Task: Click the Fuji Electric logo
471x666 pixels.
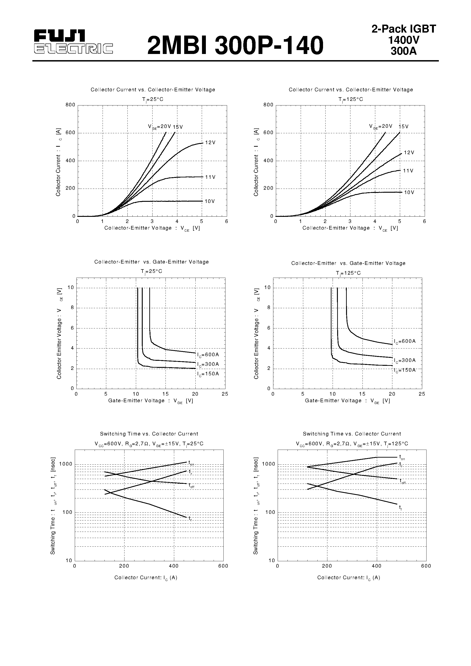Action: (x=73, y=42)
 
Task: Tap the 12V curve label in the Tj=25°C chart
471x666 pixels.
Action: (x=210, y=143)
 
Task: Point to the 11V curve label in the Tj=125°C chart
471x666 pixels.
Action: (x=408, y=171)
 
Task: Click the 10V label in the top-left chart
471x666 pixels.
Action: (x=210, y=201)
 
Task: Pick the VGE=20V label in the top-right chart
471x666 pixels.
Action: (x=380, y=126)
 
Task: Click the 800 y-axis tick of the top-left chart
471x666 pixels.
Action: (x=70, y=105)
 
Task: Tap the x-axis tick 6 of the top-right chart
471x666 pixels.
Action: (x=424, y=222)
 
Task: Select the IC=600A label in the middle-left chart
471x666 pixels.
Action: (x=208, y=354)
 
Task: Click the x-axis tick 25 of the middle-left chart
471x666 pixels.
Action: (x=225, y=394)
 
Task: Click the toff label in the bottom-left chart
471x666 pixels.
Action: (x=191, y=485)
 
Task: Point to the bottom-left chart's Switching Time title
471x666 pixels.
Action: (x=149, y=434)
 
